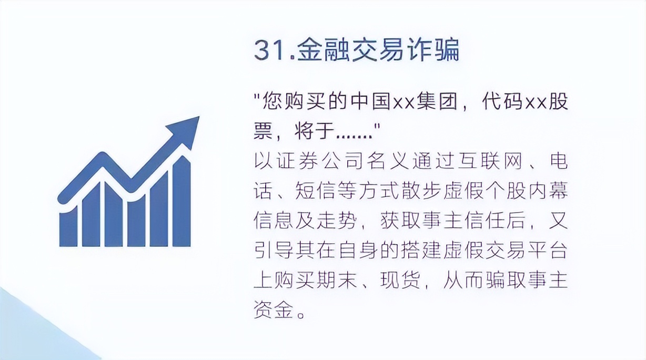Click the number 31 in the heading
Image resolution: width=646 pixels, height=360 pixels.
[x=267, y=51]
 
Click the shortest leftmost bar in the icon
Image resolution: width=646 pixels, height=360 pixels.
[x=68, y=227]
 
